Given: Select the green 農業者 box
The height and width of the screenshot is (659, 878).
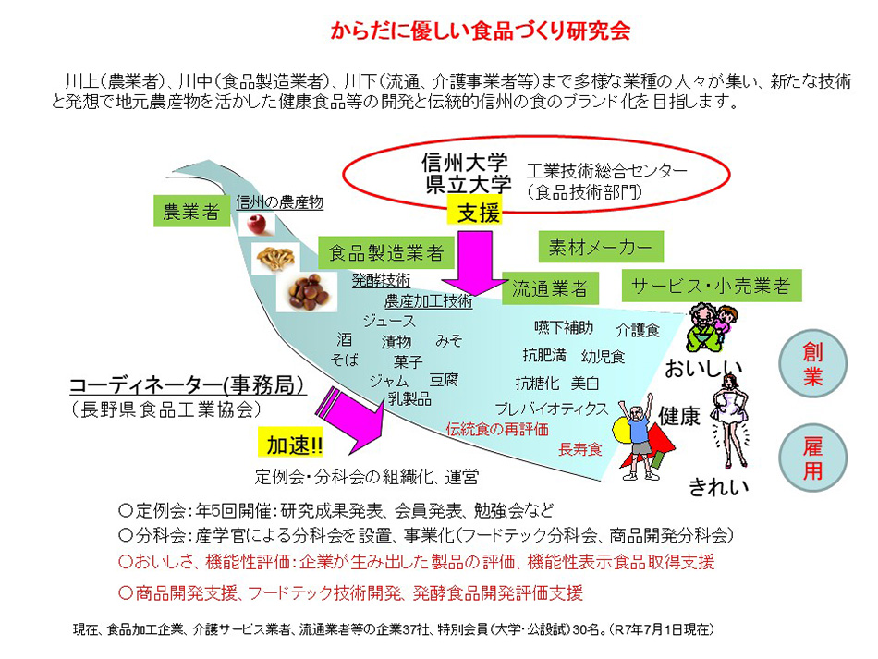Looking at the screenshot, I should pos(189,212).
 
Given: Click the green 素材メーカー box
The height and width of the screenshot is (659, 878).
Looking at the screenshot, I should pos(600,247).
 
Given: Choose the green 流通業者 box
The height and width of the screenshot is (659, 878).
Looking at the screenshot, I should pos(551,288).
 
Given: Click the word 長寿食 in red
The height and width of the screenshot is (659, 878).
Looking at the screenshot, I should pos(579,449).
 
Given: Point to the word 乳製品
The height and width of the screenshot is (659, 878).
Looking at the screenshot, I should pos(409,398).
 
